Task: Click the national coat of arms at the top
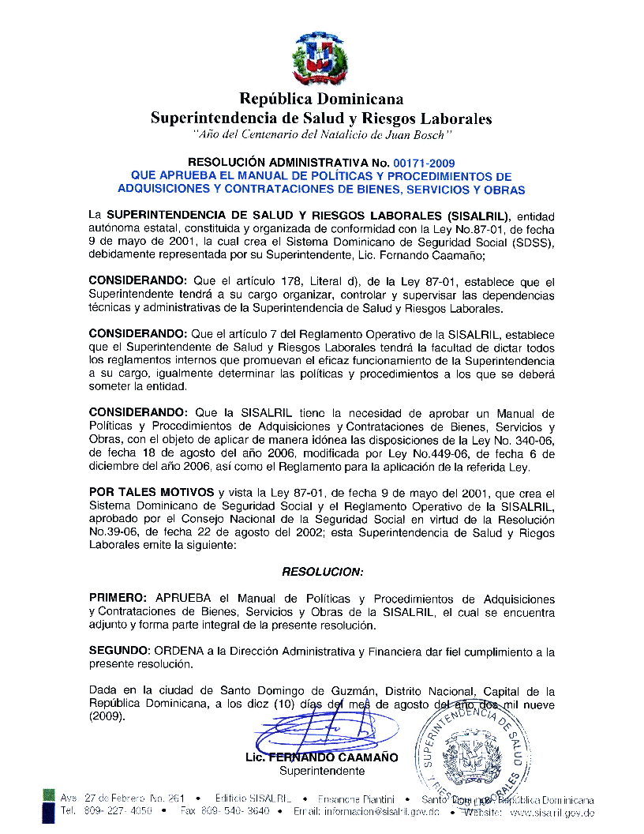(x=321, y=57)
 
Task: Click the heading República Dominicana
(x=321, y=99)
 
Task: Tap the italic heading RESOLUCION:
(x=322, y=570)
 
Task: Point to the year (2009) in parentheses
(x=107, y=716)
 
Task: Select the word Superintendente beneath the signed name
(x=322, y=771)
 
